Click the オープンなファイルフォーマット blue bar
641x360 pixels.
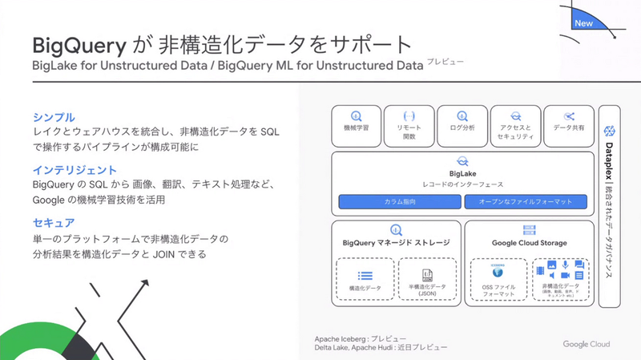click(526, 200)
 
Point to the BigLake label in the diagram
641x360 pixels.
click(462, 172)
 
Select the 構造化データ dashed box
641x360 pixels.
click(364, 279)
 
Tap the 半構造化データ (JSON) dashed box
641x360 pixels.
click(426, 279)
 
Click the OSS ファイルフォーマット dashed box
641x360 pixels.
click(497, 279)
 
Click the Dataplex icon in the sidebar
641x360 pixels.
click(609, 131)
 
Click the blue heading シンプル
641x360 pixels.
click(54, 117)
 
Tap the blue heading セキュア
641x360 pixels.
click(54, 223)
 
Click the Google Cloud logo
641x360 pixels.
click(586, 344)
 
